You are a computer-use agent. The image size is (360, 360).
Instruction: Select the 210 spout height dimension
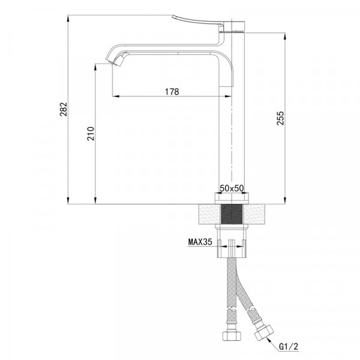91,133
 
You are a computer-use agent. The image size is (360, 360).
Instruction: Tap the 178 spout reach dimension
172,92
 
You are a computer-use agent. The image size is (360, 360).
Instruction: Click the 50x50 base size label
231,188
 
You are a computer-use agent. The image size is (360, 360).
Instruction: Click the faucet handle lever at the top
204,22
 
